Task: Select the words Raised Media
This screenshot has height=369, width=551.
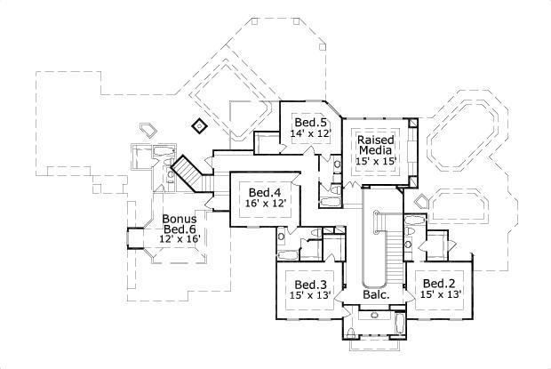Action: [375, 146]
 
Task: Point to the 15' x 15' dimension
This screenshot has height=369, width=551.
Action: [375, 163]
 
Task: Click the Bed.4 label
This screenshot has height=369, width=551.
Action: [265, 192]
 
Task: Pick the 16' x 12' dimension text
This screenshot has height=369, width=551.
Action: [265, 204]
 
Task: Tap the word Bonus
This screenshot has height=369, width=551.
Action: [179, 218]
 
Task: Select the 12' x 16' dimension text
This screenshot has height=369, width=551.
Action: [179, 240]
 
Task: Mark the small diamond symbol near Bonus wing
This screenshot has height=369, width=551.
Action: [200, 124]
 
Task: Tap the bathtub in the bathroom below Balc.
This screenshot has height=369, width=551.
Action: [399, 325]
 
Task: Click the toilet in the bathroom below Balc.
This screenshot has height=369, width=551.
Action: [352, 333]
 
